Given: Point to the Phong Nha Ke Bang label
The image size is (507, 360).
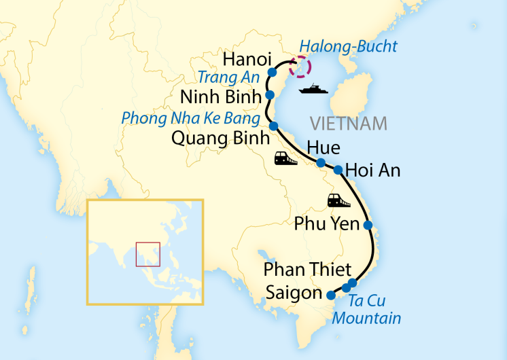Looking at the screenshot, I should click(191, 118).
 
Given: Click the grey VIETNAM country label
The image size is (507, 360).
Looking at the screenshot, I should click(348, 124).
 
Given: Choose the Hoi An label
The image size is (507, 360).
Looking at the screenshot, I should click(372, 170).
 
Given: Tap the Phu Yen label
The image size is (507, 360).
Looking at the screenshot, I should click(326, 224).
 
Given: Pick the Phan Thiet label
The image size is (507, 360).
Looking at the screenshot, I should click(307, 270).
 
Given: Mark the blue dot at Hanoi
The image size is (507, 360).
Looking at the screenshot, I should click(273, 72).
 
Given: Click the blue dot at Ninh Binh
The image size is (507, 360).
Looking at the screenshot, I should click(270, 94).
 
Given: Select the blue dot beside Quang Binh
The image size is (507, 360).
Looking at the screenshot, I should click(273, 126).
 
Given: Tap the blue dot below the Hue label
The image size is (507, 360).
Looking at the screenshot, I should click(320, 162).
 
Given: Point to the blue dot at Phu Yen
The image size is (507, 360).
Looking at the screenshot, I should click(368, 225).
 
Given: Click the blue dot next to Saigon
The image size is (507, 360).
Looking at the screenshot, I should click(331, 295).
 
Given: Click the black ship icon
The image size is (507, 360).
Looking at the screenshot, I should click(313, 89).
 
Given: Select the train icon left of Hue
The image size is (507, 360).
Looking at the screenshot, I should click(285, 159).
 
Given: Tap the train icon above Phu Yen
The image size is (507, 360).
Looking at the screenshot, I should click(338, 200).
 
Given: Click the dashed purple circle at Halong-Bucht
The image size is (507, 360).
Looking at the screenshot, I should click(299, 67).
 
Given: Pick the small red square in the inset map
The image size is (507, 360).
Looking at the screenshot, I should click(147, 254).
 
